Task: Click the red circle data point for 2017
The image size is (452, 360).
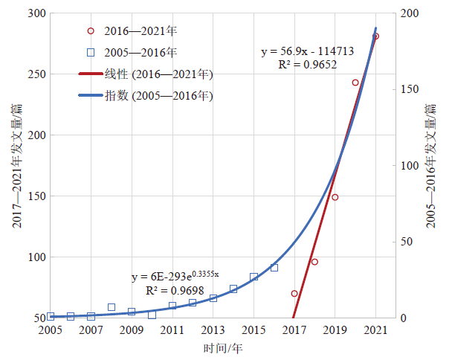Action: (x=294, y=294)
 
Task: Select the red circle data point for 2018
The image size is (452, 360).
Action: (x=314, y=262)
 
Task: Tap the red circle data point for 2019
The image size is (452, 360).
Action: (x=335, y=197)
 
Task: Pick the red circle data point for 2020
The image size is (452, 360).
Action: (x=355, y=83)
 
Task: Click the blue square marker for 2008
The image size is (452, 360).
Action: (x=112, y=307)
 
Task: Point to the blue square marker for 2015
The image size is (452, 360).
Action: (x=254, y=277)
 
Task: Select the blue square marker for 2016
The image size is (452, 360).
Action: (x=274, y=268)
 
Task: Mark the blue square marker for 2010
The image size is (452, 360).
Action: (x=152, y=315)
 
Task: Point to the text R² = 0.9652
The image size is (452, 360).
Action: (x=308, y=65)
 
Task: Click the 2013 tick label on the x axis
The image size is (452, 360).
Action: (x=213, y=330)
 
